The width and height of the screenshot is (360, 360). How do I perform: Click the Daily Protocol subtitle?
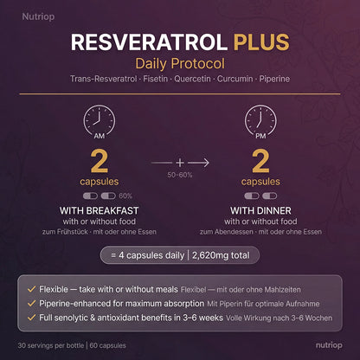click(x=179, y=64)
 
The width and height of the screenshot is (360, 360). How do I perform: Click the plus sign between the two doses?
click(x=180, y=161)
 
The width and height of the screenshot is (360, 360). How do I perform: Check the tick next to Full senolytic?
click(x=32, y=318)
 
